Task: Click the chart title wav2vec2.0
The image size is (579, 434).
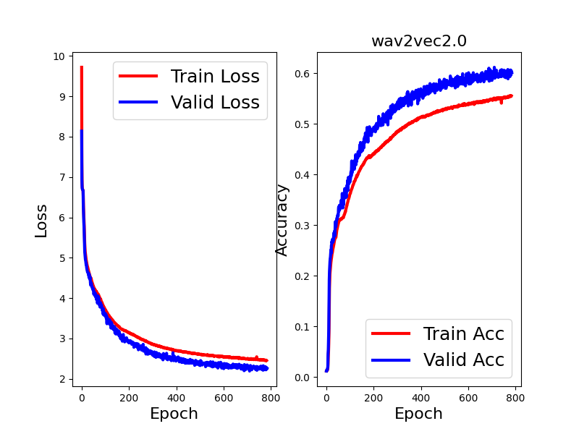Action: point(418,41)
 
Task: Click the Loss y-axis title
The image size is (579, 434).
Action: point(41,221)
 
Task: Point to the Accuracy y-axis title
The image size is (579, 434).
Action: point(282,220)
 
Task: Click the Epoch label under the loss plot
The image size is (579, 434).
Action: point(174,414)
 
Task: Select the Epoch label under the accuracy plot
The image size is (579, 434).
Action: point(418,414)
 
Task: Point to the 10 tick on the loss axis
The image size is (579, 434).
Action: point(58,56)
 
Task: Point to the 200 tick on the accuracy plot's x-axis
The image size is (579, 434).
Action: point(373,397)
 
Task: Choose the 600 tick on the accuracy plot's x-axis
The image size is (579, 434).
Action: point(469,397)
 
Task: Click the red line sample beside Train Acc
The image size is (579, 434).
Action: point(391,333)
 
